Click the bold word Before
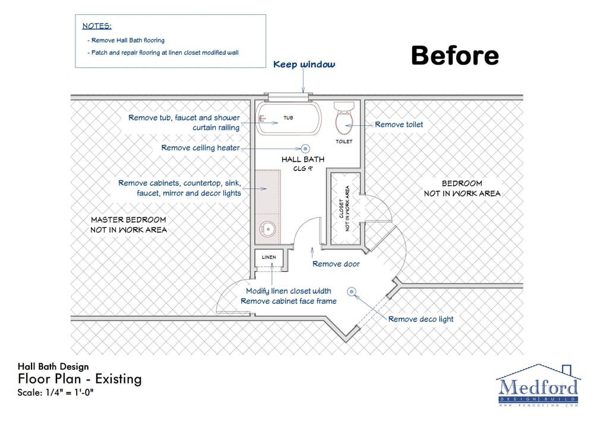point(454,55)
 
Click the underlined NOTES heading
point(97,26)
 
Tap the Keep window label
point(304,64)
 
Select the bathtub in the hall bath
point(289,118)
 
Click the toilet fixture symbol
point(345,118)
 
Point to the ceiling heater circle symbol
point(305,149)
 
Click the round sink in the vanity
point(268,229)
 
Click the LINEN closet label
point(269,257)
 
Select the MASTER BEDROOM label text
point(128,220)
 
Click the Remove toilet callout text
point(399,125)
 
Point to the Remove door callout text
point(336,264)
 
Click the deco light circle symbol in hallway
point(352,292)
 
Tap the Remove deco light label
point(421,319)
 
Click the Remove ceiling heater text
point(200,148)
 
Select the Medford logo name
point(538,387)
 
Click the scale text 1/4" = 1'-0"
point(69,392)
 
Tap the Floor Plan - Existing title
point(80,379)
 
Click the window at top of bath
point(289,97)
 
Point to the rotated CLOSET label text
point(342,208)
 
